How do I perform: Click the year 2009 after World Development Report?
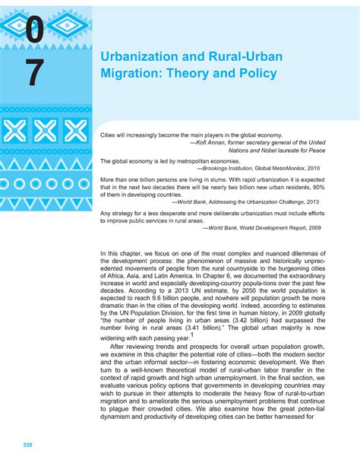[334, 227]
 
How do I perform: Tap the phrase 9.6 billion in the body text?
[156, 293]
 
